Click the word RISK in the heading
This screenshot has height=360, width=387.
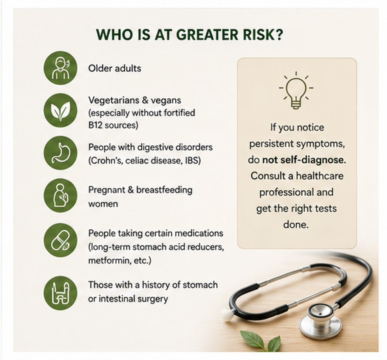click(262, 34)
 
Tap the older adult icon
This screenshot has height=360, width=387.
click(60, 68)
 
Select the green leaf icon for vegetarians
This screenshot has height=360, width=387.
click(60, 110)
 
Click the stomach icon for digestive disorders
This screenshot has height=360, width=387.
click(60, 153)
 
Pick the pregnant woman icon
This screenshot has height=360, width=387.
click(60, 195)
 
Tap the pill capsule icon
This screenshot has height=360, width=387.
click(60, 240)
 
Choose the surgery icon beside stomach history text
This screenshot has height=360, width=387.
click(60, 293)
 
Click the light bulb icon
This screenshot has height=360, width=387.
click(296, 90)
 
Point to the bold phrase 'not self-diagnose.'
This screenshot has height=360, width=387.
click(304, 160)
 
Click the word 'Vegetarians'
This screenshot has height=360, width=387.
click(113, 100)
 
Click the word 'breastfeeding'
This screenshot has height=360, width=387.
click(164, 190)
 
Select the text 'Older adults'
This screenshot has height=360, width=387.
click(115, 68)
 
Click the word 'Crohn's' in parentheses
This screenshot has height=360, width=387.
click(106, 161)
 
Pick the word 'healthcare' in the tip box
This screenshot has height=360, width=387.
click(320, 176)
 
